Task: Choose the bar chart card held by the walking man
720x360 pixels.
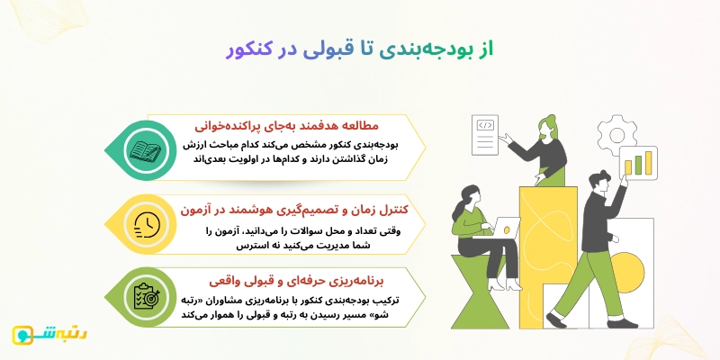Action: pos(641,166)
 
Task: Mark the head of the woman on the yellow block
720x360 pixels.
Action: pos(546,125)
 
